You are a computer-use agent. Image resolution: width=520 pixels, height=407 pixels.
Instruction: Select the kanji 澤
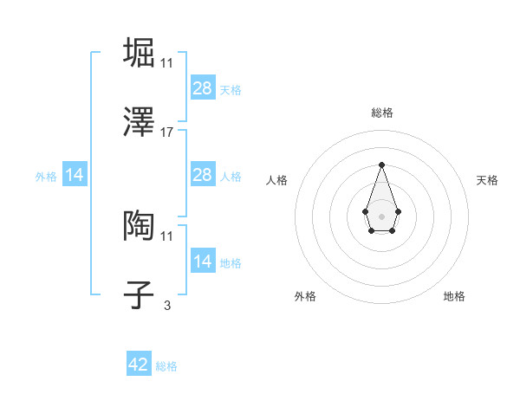pos(139,123)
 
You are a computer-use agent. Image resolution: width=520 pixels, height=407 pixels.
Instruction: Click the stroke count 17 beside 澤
pos(167,132)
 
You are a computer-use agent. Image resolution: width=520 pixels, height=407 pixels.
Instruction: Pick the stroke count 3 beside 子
pos(166,305)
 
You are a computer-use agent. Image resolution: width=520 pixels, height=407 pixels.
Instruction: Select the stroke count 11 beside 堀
pos(167,62)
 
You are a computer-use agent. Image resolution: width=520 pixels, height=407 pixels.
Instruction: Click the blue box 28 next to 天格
pos(203,88)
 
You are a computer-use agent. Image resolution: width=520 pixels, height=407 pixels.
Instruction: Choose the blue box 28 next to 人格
pos(203,175)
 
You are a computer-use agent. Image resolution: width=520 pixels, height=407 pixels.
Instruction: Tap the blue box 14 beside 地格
pos(203,262)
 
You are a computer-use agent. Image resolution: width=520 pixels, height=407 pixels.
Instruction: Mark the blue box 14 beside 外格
pos(75,175)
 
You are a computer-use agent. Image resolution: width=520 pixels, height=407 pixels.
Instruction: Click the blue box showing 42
pos(139,365)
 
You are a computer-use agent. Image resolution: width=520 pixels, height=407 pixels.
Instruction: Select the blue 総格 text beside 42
pos(166,366)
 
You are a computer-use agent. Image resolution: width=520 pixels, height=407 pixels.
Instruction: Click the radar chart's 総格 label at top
pos(381,113)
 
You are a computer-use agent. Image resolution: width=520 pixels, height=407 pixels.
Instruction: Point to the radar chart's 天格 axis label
pos(487,180)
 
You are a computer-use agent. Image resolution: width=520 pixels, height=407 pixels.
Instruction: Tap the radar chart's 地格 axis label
pos(454,296)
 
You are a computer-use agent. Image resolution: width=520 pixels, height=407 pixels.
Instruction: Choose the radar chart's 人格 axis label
pos(277,180)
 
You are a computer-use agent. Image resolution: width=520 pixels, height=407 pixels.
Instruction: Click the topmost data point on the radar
pos(381,165)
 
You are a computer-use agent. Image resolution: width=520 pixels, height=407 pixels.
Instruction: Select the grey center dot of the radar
pos(381,215)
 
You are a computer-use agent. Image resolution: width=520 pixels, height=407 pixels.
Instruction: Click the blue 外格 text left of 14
pos(46,176)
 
